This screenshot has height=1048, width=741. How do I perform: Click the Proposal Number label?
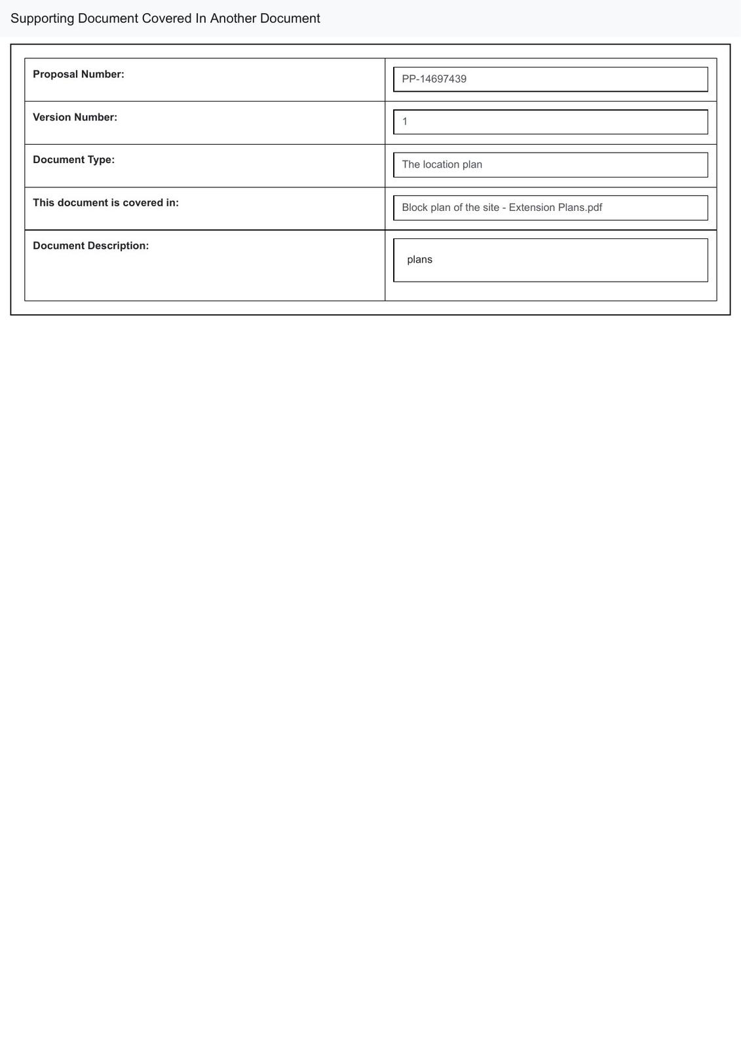coord(79,75)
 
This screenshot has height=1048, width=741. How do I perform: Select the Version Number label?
coord(75,117)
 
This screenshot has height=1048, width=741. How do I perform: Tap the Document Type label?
coord(73,160)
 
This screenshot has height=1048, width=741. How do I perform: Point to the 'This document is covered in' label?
coord(105,203)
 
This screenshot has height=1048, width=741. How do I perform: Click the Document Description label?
coord(90,246)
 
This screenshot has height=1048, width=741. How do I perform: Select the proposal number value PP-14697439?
coord(434,79)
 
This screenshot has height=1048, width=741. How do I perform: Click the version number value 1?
coord(405,122)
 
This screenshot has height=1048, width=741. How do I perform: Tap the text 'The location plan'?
coord(442,164)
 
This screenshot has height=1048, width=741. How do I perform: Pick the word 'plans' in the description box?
coord(419,259)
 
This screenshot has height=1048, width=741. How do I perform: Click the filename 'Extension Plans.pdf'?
coord(556,208)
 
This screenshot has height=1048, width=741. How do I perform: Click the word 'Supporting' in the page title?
coord(42,19)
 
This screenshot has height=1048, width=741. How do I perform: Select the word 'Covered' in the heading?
coord(166,18)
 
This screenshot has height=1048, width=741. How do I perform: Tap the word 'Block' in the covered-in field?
coord(415,208)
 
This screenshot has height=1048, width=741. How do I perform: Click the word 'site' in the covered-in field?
coord(491,208)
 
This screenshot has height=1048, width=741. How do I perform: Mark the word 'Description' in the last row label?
coord(118,246)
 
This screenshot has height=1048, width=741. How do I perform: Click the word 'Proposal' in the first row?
coord(55,75)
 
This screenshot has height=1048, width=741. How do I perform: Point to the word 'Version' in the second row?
coord(52,117)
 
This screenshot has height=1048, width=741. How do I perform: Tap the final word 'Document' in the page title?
coord(290,18)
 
